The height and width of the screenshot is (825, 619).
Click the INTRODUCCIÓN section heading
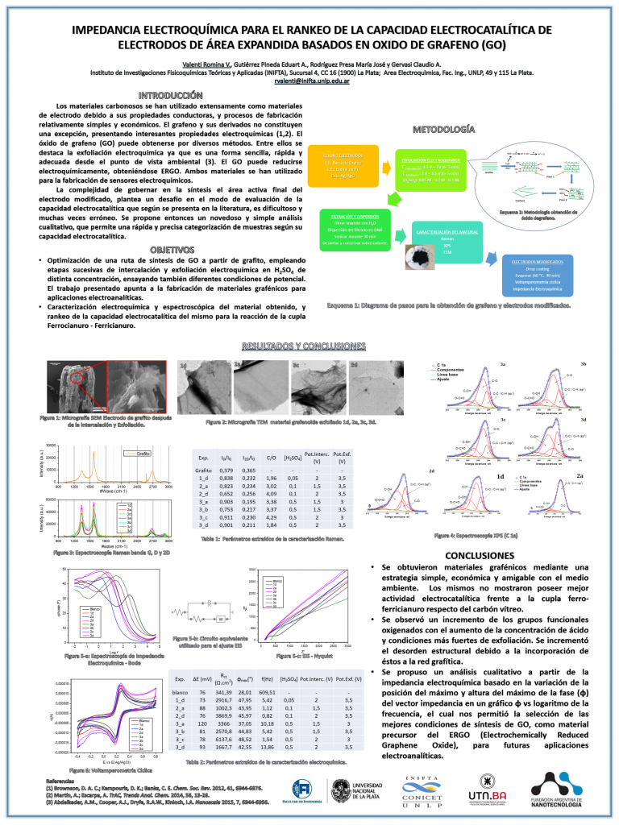tap(164, 95)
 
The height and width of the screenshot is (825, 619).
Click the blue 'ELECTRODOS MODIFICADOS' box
tap(537, 276)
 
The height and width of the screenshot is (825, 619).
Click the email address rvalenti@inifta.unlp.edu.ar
tap(310, 81)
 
